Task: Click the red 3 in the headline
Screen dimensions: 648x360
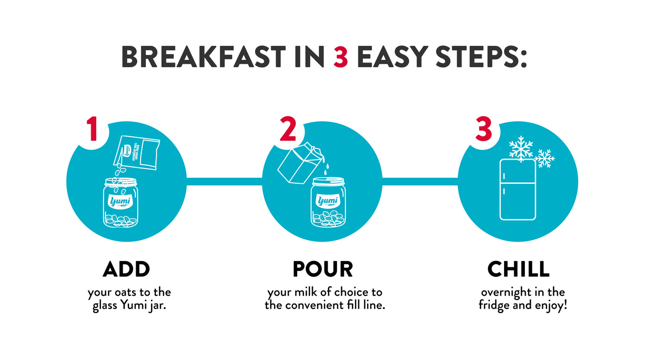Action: [x=340, y=57]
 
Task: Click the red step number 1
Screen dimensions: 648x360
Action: [x=92, y=129]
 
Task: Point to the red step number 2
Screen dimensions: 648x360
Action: [x=288, y=129]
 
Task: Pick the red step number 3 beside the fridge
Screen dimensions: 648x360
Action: [x=484, y=129]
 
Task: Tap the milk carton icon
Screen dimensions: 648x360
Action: [x=300, y=163]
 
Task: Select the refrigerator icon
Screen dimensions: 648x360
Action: [x=518, y=189]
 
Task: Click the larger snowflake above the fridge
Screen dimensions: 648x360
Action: [x=521, y=149]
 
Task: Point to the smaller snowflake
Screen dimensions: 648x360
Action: [x=544, y=158]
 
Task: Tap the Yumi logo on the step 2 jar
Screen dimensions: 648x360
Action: [x=328, y=201]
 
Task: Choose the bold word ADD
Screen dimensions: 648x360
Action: [x=126, y=269]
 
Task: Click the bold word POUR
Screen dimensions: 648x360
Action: [x=323, y=269]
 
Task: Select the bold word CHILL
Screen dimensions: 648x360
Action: [x=518, y=269]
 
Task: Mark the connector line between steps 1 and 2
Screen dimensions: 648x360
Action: [x=224, y=181]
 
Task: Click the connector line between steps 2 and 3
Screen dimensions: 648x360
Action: [x=420, y=181]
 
